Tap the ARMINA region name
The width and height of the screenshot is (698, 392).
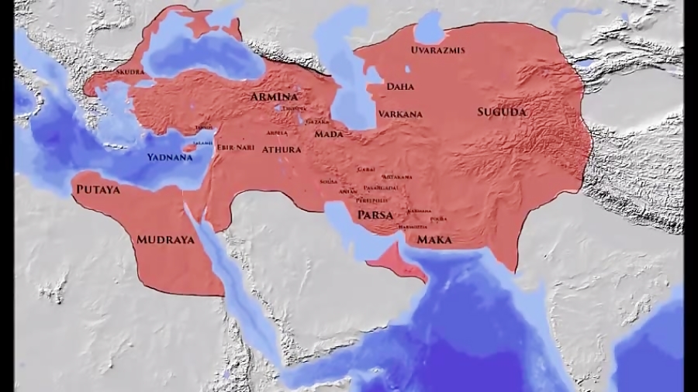(274, 97)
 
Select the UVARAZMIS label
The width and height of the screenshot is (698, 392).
(438, 50)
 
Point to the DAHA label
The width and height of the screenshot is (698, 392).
(399, 87)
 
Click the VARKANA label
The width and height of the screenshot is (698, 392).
(400, 114)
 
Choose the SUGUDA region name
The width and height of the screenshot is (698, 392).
(501, 112)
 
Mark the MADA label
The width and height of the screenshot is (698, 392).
(329, 134)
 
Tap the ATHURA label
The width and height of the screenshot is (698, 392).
(282, 149)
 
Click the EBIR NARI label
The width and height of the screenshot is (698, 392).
(237, 147)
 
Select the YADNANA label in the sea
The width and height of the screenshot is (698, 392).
(171, 157)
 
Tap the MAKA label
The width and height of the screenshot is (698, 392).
(434, 240)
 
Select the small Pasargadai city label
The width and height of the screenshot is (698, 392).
(381, 187)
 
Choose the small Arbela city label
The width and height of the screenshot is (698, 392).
(277, 132)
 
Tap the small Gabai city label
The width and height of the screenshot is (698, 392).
(366, 169)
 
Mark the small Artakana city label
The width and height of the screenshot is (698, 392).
(398, 177)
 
